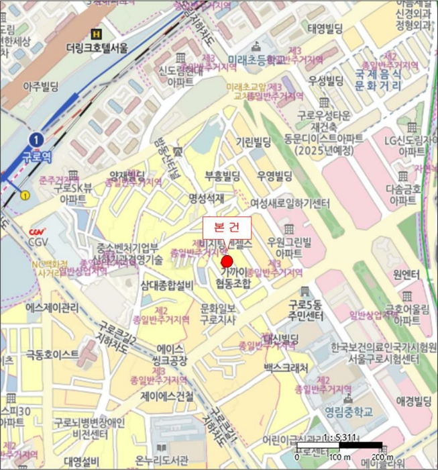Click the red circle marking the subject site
[x=227, y=261]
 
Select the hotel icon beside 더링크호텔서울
[x=98, y=34]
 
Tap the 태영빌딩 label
[x=325, y=29]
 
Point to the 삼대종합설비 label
[x=168, y=286]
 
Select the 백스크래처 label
[x=286, y=368]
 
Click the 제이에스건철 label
[x=166, y=395]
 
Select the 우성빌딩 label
[x=326, y=81]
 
